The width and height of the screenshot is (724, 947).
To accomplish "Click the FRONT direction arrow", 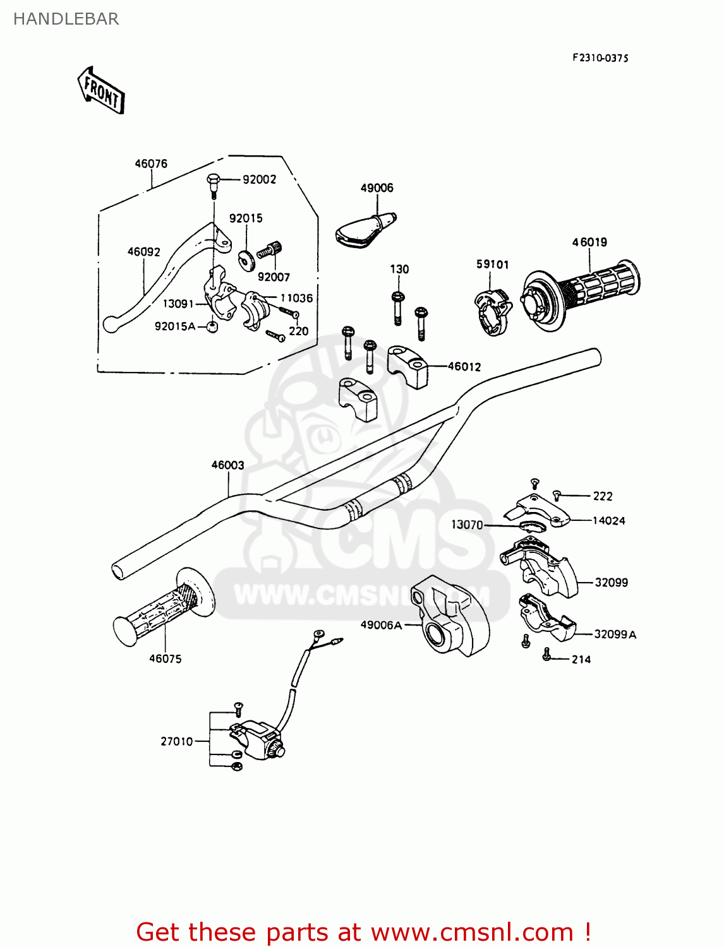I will [x=101, y=91].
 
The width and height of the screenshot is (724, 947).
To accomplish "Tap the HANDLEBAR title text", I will [x=66, y=19].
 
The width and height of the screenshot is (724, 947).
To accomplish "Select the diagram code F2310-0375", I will [x=600, y=58].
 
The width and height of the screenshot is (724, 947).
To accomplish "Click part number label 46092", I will [x=143, y=252].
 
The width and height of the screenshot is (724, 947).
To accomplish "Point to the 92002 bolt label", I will [x=259, y=180].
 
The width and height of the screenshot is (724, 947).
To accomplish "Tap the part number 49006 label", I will [x=377, y=188].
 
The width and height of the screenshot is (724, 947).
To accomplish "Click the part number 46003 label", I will [x=227, y=465].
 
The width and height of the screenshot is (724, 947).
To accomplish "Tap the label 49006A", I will [x=381, y=625].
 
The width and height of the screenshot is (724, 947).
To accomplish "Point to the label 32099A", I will [x=615, y=634].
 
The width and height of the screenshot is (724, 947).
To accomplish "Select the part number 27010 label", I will [x=176, y=742].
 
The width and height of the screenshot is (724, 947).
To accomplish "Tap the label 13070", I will [x=467, y=525].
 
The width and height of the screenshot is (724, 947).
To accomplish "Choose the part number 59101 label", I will [x=492, y=265].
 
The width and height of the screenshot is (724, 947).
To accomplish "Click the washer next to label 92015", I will [x=245, y=258].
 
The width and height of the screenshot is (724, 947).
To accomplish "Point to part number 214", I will [x=581, y=660].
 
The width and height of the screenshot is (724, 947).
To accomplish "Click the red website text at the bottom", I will [x=363, y=932].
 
